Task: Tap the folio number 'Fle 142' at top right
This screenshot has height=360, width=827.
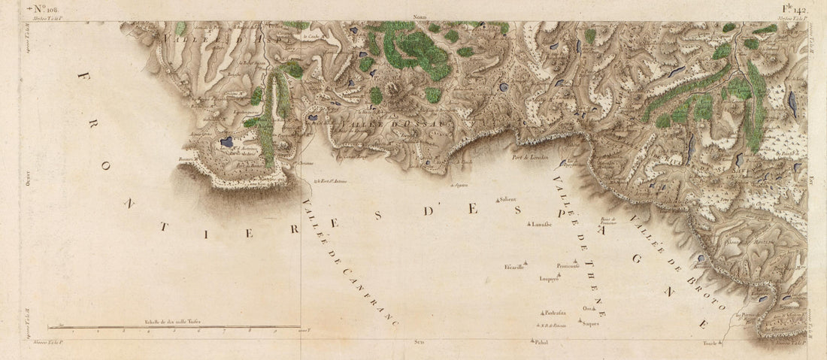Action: coord(793,10)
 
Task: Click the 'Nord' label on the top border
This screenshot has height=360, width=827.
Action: coord(420,17)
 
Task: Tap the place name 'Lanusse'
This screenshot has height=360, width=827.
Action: coord(541,224)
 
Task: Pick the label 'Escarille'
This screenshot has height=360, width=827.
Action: coord(514,267)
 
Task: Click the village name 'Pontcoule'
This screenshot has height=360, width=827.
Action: coord(568,266)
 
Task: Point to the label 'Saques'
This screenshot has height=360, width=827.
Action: coord(590,323)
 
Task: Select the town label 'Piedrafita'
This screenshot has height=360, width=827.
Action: coord(554,312)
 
